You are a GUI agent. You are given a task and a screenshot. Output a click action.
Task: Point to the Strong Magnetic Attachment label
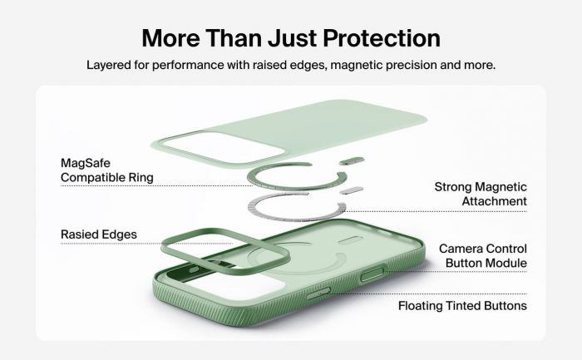[x=481, y=194]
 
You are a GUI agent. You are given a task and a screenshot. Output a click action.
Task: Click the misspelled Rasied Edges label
[x=99, y=234]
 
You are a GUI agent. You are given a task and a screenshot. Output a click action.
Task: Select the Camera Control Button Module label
[x=483, y=256]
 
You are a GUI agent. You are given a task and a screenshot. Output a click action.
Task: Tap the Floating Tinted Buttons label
[x=462, y=306]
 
